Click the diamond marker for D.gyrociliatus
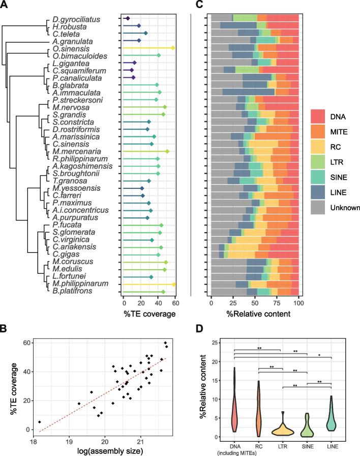point(128,18)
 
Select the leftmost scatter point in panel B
point(39,422)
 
